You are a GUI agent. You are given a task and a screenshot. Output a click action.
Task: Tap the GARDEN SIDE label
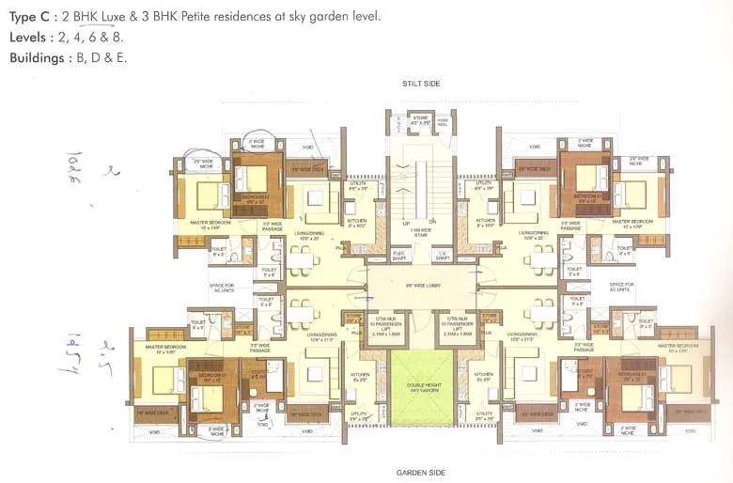(420, 472)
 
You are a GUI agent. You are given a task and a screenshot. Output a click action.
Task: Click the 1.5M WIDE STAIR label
(420, 229)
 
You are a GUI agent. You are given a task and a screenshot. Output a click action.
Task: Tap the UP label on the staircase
(406, 222)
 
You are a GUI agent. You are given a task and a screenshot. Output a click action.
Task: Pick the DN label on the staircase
(434, 222)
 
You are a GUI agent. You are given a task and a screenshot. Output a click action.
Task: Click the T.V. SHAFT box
(443, 256)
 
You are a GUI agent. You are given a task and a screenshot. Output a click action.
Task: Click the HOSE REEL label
(444, 120)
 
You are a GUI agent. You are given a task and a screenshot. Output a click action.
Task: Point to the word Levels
(31, 38)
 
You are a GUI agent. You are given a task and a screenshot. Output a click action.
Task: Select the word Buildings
(40, 57)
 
